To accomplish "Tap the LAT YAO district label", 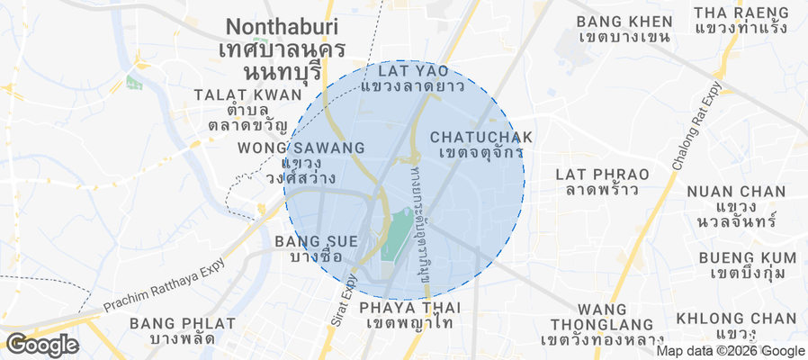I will (412, 70).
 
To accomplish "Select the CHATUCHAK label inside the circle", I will (481, 137).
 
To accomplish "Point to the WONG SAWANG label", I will (301, 148).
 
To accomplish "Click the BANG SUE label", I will (317, 241).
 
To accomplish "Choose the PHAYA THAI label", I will (409, 308).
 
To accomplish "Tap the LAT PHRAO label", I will (597, 173).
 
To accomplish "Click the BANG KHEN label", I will (624, 21).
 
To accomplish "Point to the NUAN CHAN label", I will (735, 192).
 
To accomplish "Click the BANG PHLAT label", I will (183, 323).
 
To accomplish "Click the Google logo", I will (41, 344).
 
